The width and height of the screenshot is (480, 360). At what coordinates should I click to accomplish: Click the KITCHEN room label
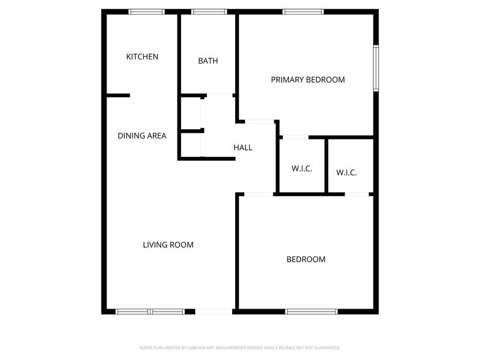[x=142, y=57]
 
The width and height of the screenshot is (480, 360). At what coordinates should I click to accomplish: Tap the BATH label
[x=208, y=61]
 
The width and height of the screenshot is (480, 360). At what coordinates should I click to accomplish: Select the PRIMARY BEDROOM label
[x=308, y=80]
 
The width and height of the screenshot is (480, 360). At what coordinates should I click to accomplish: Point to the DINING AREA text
[x=142, y=136]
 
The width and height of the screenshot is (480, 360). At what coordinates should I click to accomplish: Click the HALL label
[x=243, y=148]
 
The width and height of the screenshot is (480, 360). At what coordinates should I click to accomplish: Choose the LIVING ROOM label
[x=168, y=245]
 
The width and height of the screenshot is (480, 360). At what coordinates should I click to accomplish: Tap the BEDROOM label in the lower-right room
[x=306, y=260]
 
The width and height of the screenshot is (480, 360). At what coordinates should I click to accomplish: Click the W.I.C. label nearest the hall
[x=302, y=169]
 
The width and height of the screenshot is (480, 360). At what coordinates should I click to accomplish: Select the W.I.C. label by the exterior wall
[x=347, y=173]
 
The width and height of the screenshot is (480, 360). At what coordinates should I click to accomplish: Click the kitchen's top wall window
[x=147, y=12]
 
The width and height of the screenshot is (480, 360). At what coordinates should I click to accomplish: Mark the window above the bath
[x=209, y=12]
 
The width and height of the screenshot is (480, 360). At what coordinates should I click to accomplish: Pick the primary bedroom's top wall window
[x=304, y=12]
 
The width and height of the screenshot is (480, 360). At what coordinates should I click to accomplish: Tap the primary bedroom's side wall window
[x=376, y=68]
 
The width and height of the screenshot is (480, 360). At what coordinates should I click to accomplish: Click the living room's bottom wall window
[x=150, y=312]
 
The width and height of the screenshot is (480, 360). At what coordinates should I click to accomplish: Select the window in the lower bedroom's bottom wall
[x=312, y=312]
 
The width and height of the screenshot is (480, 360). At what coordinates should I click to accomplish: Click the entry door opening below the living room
[x=214, y=312]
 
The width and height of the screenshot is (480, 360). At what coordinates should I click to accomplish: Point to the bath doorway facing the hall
[x=220, y=96]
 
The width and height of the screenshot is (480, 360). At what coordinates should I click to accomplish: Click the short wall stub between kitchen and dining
[x=118, y=96]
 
